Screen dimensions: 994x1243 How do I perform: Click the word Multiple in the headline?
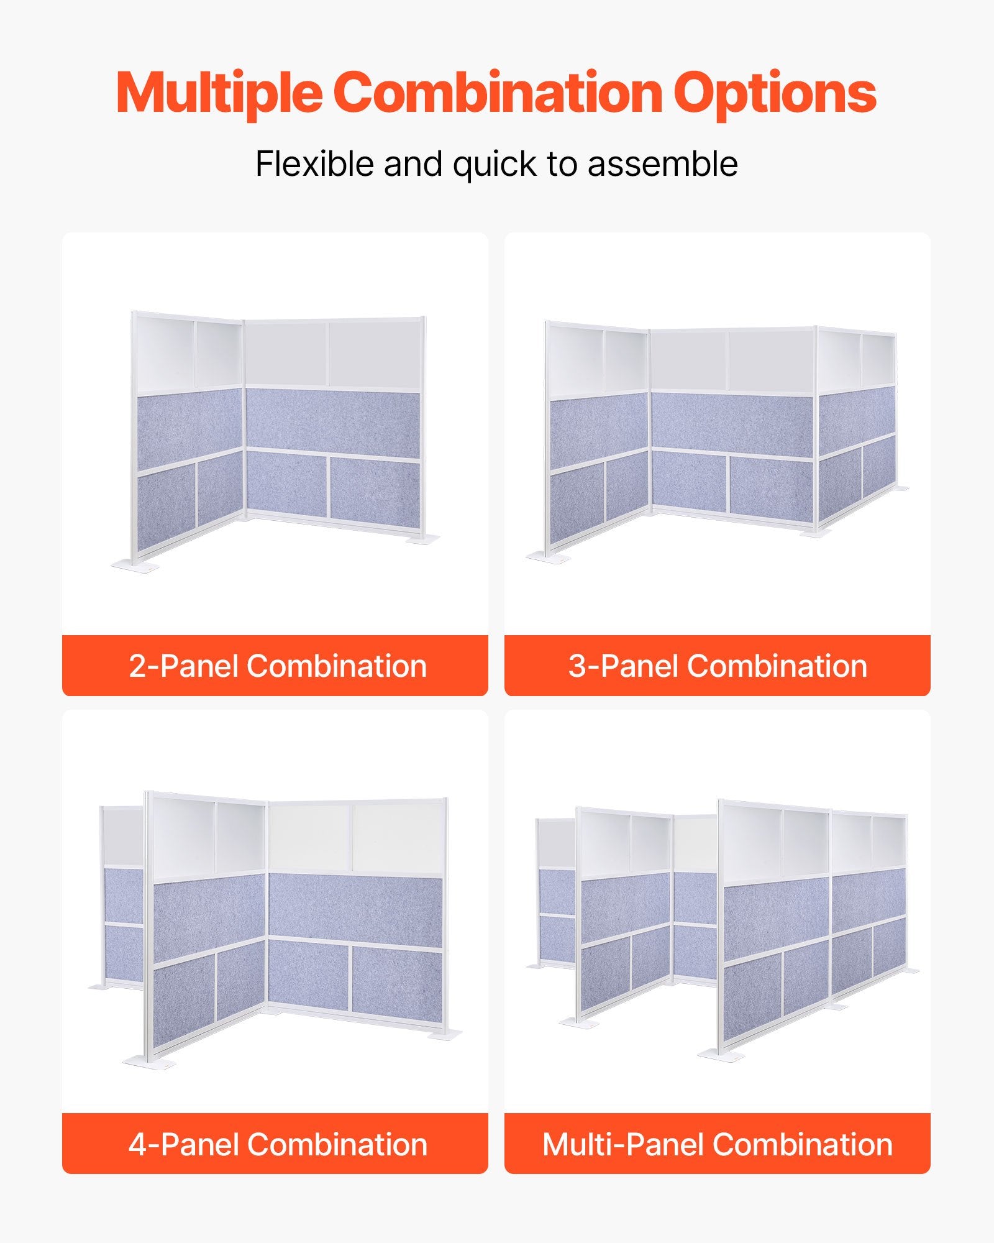pos(219,93)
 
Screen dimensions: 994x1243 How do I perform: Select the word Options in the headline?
pos(775,93)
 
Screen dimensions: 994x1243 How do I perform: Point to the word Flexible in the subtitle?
pos(316,163)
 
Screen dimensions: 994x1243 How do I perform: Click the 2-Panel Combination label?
pos(278,666)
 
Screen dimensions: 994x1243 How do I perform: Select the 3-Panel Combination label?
pos(718,666)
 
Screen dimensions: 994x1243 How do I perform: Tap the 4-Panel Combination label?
pos(278,1144)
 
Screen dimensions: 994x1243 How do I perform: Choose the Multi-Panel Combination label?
pos(718,1144)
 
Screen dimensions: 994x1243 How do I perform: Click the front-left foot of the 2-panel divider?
pos(135,566)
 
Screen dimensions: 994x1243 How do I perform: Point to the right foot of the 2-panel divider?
pos(423,539)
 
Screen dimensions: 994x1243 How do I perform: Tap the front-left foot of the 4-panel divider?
pos(149,1062)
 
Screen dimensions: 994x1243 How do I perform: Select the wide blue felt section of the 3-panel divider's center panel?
pos(732,425)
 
